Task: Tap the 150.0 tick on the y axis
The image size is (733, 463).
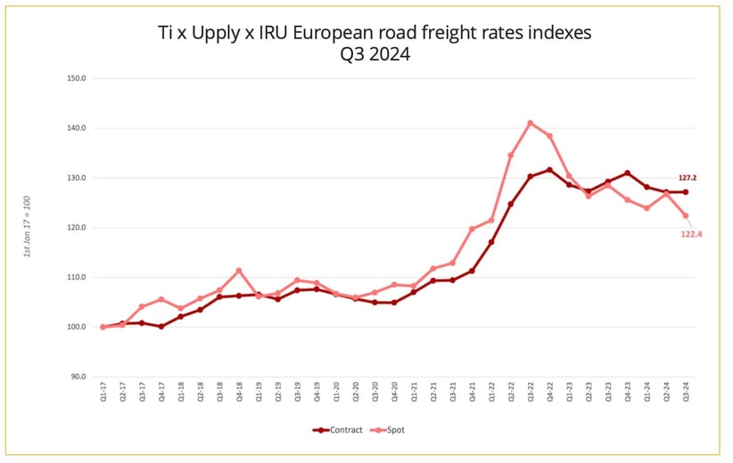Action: point(76,78)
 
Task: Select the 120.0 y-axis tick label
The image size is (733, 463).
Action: point(76,227)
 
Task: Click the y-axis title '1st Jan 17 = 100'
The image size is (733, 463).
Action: point(28,228)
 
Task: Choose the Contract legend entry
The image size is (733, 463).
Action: point(338,430)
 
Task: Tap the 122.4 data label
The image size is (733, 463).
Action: point(693,234)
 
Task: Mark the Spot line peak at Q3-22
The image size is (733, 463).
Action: point(531,123)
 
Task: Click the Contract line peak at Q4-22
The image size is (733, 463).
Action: point(549,170)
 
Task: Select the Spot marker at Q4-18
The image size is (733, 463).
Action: point(239,271)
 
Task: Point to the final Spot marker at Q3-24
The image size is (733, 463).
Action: point(686,215)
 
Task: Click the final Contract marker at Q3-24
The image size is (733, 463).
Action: point(686,191)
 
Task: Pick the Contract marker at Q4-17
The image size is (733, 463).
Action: point(161,327)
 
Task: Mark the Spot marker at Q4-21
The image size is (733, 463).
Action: point(472,229)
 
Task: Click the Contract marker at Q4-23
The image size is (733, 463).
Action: point(628,173)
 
